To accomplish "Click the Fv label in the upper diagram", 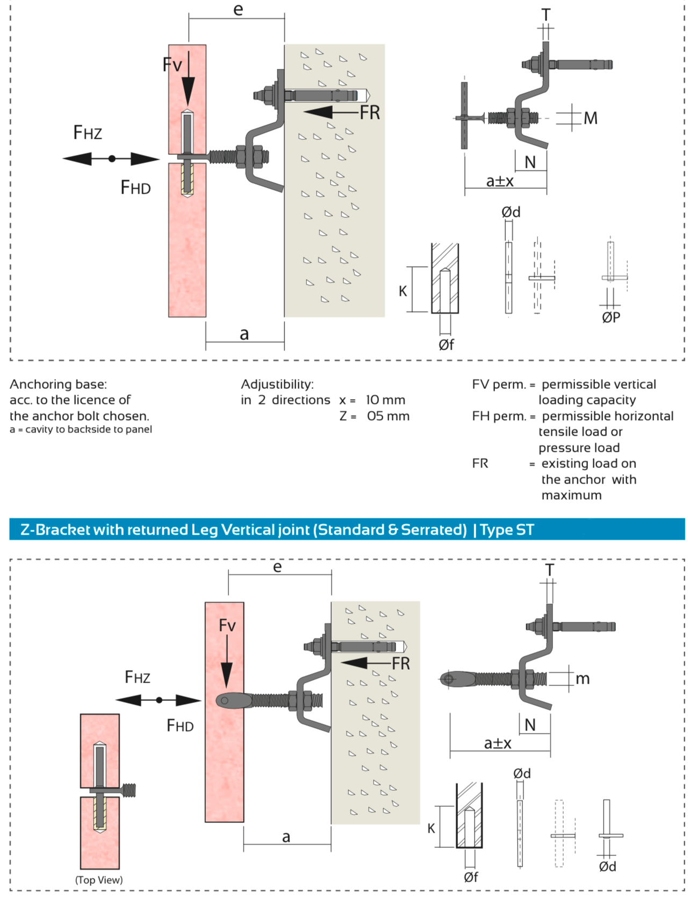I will (172, 65).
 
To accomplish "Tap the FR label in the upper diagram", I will (370, 112).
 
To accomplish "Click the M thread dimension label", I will (590, 118).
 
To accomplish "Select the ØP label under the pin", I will (611, 317).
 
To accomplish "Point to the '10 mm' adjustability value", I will (385, 400).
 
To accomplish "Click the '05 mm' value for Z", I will (388, 416).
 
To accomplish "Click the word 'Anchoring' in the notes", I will (38, 384).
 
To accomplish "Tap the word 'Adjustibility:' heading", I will (277, 384).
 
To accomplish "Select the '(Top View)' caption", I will (99, 879).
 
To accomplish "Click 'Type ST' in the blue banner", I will (507, 530).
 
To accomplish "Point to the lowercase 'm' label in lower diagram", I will (583, 679).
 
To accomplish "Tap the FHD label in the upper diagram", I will (135, 188).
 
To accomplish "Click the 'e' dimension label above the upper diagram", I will (238, 10).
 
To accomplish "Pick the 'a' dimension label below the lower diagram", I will (286, 836).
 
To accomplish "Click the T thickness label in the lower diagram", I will (549, 570).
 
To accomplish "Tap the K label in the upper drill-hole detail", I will (403, 291).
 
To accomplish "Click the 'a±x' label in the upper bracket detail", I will (500, 181).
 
